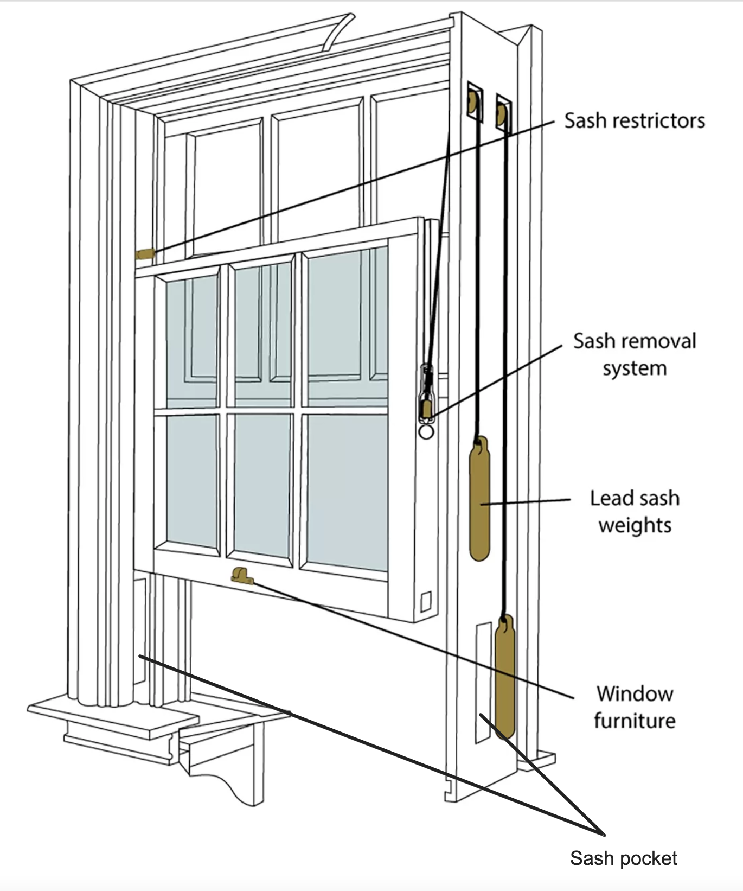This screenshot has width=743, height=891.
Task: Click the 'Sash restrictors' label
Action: pos(634,120)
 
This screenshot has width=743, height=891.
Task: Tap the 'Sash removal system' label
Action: pos(634,354)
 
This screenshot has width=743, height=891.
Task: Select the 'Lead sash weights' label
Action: pos(634,511)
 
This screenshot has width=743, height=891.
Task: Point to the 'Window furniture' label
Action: pos(634,707)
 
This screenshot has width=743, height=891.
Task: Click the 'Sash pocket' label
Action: pos(623,858)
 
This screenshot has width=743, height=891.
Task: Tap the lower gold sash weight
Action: pos(504,678)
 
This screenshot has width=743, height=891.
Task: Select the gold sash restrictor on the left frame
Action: pos(145,253)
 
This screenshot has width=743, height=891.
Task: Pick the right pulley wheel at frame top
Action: pos(503,112)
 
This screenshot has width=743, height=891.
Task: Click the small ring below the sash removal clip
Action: pos(426,432)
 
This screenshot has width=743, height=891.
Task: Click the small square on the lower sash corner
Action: pos(426,601)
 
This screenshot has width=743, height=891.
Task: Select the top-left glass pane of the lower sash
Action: pos(192,339)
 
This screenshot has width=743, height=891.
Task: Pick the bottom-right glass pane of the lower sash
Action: pos(347,491)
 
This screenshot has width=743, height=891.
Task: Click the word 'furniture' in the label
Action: pos(634,721)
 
